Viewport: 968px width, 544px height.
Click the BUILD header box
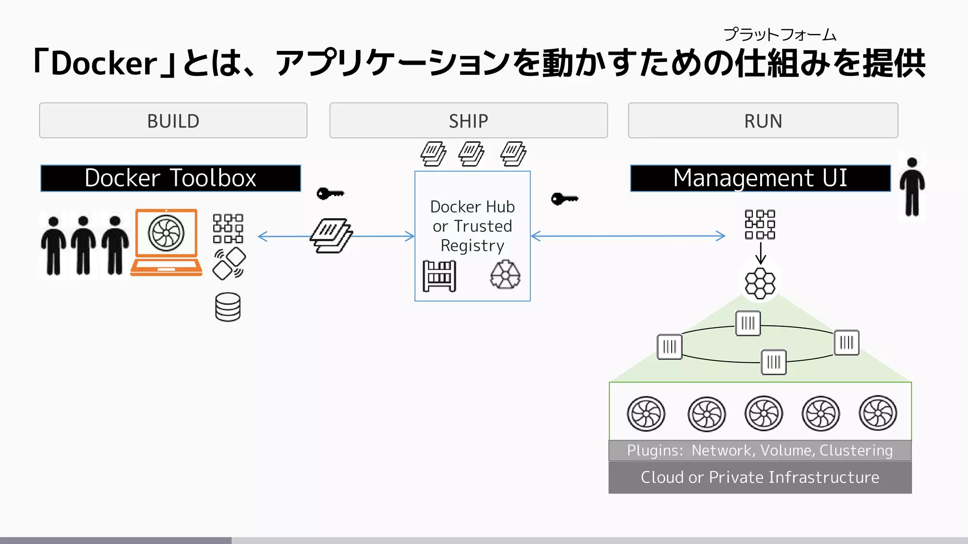coord(173,121)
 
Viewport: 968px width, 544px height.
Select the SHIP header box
coord(468,121)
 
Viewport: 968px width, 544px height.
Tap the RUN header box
coord(762,121)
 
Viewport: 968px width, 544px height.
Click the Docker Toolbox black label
coord(170,178)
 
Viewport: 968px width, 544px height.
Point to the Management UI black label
coord(760,178)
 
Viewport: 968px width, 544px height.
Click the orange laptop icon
coord(166,242)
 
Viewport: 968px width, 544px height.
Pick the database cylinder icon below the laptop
coord(228,307)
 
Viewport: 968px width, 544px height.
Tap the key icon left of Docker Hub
coord(330,194)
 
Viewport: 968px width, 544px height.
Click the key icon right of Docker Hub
coord(564,199)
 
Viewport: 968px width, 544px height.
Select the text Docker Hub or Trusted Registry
coord(472,226)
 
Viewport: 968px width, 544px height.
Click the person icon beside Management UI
coord(912,187)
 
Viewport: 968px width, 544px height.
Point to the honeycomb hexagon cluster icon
coord(760,283)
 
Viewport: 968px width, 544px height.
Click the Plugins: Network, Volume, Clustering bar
coord(760,450)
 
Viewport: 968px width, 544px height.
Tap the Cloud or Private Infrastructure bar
coord(760,477)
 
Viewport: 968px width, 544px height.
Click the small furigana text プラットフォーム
coord(779,34)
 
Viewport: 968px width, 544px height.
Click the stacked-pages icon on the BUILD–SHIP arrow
coord(331,236)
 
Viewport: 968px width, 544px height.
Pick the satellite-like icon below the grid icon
coord(229,264)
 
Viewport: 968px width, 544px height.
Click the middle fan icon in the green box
coord(763,413)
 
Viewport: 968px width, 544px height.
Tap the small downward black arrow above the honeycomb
coord(761,254)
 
